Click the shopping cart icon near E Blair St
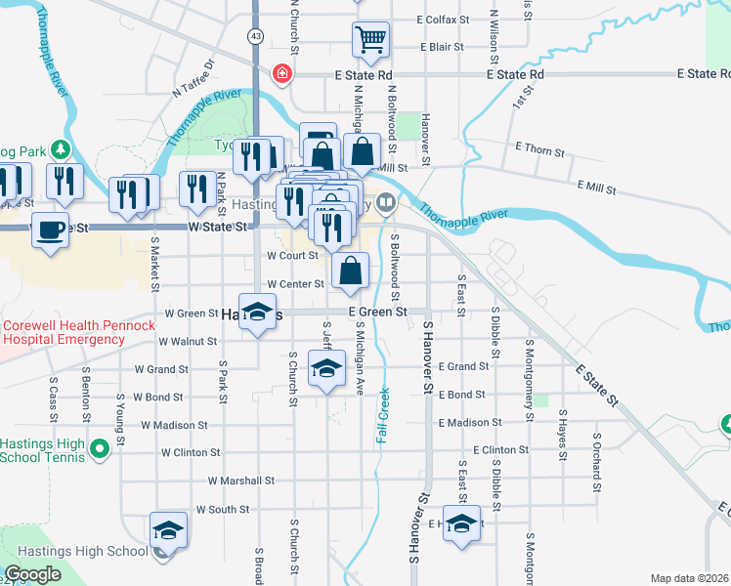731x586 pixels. pyautogui.click(x=371, y=40)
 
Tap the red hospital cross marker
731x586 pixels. pyautogui.click(x=282, y=73)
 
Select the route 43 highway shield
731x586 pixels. pyautogui.click(x=255, y=36)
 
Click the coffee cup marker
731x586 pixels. pyautogui.click(x=49, y=230)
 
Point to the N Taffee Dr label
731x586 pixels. pyautogui.click(x=193, y=80)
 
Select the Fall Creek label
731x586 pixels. pyautogui.click(x=383, y=415)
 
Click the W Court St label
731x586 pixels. pyautogui.click(x=293, y=256)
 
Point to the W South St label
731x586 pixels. pyautogui.click(x=223, y=509)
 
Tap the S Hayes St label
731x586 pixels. pyautogui.click(x=563, y=441)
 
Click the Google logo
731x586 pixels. pyautogui.click(x=32, y=574)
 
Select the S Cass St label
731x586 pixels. pyautogui.click(x=53, y=392)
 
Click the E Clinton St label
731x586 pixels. pyautogui.click(x=500, y=450)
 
